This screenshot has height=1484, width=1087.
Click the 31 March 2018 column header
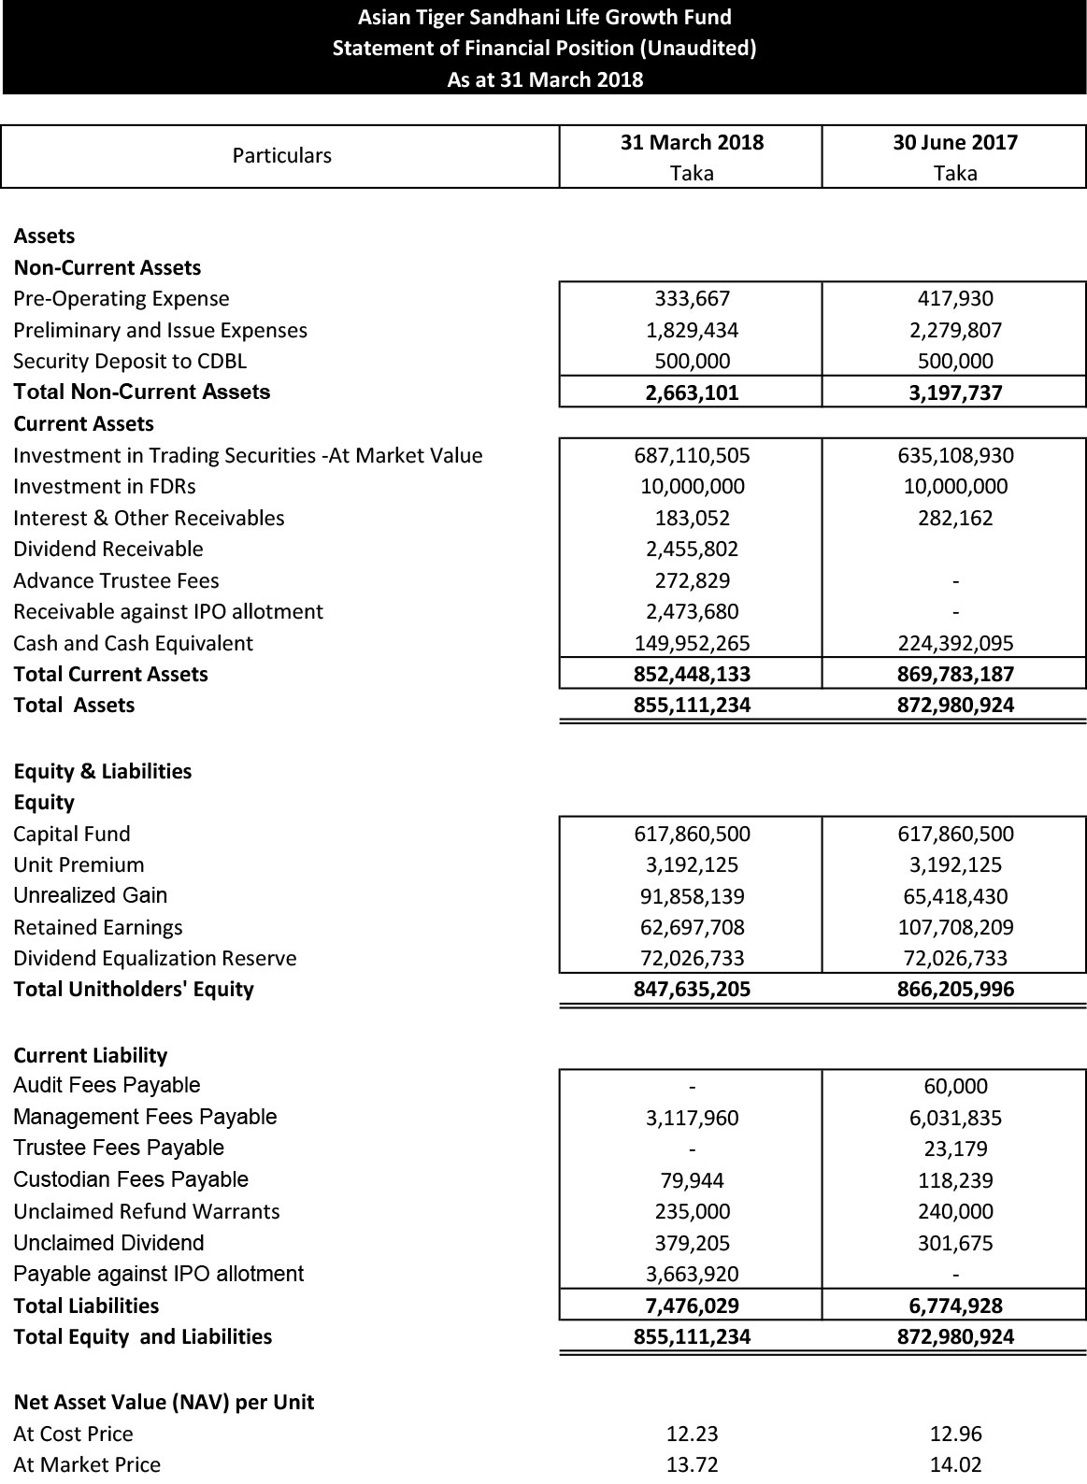point(692,143)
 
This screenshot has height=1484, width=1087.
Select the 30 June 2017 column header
point(954,143)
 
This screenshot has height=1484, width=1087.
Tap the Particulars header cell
point(281,155)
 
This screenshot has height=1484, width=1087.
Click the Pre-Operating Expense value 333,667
point(692,299)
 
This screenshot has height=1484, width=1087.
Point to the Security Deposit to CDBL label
point(130,362)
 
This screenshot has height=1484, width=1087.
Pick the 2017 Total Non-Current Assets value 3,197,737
point(954,392)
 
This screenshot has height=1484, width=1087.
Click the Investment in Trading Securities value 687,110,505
point(692,456)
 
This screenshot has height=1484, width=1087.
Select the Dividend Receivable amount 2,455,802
point(692,549)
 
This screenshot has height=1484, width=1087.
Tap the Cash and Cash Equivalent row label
point(133,644)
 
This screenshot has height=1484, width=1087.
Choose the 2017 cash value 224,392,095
point(954,644)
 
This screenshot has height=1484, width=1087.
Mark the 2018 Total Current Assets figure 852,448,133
point(692,675)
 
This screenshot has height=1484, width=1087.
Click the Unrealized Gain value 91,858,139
point(692,897)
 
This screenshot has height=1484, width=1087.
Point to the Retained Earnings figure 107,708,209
point(954,928)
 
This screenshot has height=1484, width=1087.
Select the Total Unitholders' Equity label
point(134,990)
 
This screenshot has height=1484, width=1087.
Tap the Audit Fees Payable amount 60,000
point(954,1087)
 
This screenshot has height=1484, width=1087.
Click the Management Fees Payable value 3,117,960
point(692,1119)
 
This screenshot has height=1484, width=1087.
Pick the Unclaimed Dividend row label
point(108,1243)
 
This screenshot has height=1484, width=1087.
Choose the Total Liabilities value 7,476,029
point(692,1306)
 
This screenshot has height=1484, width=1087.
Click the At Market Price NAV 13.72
point(692,1464)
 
